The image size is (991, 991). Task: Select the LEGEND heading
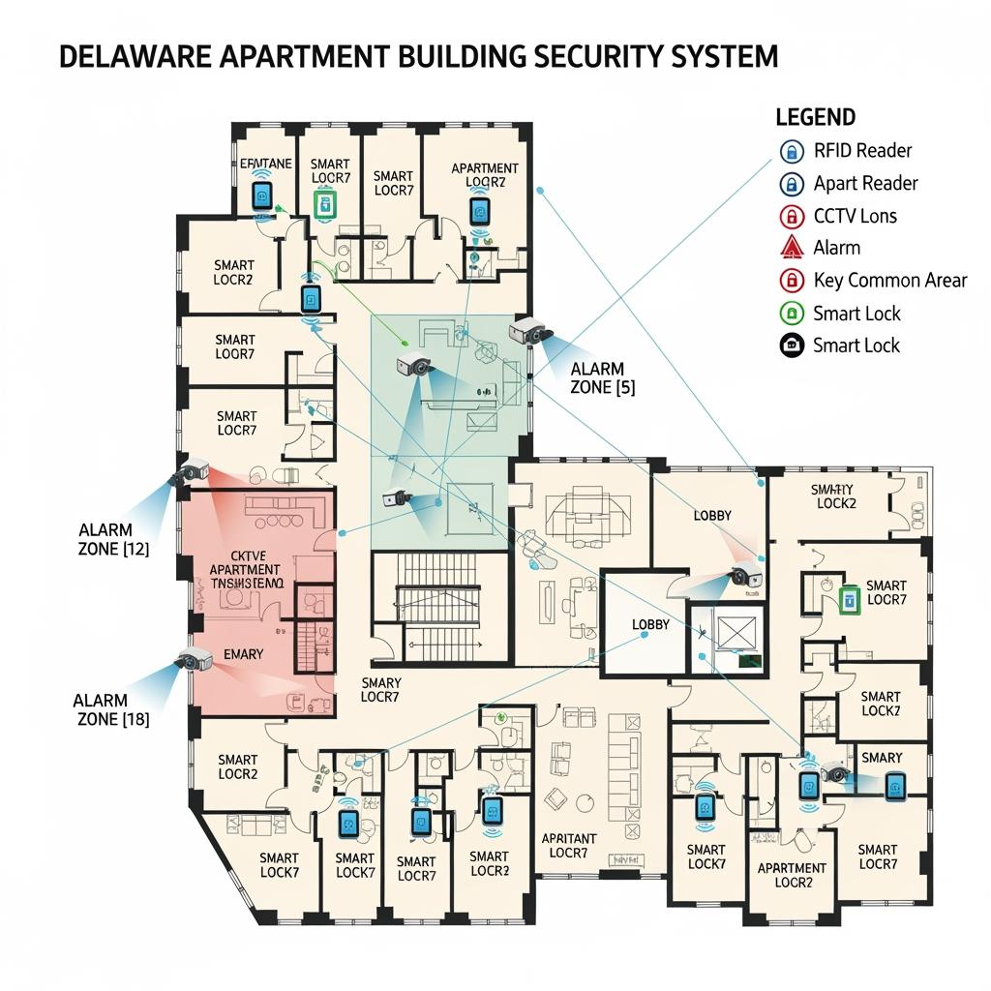(815, 117)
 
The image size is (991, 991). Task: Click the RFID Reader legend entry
(862, 150)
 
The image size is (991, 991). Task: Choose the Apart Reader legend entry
(865, 183)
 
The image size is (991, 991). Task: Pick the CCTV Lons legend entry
(855, 215)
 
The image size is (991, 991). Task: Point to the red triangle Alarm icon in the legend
(792, 247)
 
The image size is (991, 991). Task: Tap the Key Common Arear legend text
(889, 281)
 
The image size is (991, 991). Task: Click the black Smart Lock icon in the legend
(792, 345)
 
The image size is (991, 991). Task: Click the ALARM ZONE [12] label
(112, 539)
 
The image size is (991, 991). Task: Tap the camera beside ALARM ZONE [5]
(531, 331)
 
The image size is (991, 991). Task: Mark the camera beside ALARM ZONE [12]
(191, 473)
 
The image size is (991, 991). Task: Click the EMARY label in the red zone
(243, 654)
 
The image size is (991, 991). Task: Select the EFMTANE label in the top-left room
(264, 164)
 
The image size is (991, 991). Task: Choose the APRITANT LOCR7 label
(569, 845)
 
